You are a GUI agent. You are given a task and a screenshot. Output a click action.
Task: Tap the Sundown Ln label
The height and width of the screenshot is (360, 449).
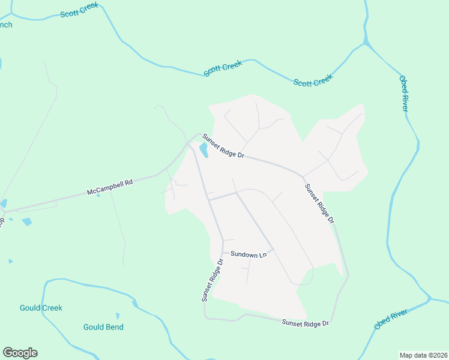pyautogui.click(x=248, y=255)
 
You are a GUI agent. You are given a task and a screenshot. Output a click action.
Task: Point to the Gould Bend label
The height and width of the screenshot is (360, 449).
pyautogui.click(x=103, y=327)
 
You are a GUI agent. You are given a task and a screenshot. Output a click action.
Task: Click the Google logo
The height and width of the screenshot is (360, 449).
pyautogui.click(x=20, y=353)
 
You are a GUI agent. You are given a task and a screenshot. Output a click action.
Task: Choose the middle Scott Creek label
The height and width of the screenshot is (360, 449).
pyautogui.click(x=223, y=68)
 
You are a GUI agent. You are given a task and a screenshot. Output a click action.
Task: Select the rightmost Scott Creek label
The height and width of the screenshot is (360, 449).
pyautogui.click(x=313, y=80)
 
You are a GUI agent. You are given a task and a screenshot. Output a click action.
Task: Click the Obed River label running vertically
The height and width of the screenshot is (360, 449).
pyautogui.click(x=403, y=93)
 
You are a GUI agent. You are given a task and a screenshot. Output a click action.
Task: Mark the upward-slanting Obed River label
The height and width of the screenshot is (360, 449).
pyautogui.click(x=390, y=319)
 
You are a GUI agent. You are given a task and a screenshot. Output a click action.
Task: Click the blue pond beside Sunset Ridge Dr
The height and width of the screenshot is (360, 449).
pyautogui.click(x=203, y=149)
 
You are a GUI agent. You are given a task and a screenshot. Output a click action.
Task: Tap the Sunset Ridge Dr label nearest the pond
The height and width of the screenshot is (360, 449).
pyautogui.click(x=223, y=146)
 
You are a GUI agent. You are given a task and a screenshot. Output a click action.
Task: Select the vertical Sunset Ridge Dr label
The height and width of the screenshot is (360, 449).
pyautogui.click(x=212, y=280)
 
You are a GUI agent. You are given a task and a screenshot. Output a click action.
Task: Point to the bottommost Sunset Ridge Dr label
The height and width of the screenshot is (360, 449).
pyautogui.click(x=306, y=323)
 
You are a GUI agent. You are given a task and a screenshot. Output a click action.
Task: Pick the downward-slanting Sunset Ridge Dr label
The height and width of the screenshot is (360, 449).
pyautogui.click(x=319, y=203)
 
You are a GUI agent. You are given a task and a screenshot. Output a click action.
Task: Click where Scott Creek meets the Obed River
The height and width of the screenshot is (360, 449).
pyautogui.click(x=366, y=43)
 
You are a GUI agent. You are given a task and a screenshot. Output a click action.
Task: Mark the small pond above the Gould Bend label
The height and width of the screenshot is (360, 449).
pyautogui.click(x=118, y=316)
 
